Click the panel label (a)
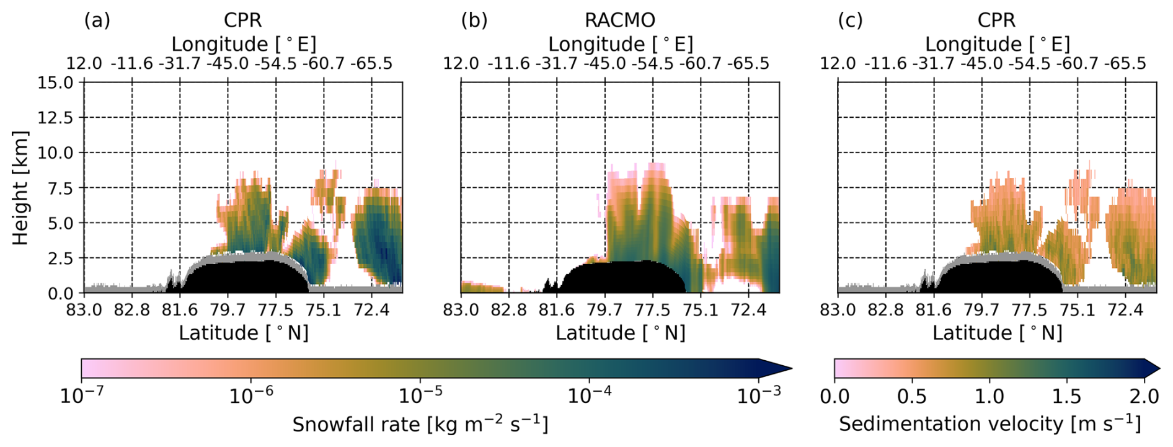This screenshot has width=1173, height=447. (97, 20)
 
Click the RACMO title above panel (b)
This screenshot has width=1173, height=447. (619, 20)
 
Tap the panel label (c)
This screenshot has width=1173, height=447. (850, 20)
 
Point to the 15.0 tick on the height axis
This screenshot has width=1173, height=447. (55, 82)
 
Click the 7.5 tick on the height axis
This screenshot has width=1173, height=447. (60, 188)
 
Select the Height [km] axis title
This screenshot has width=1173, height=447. (20, 187)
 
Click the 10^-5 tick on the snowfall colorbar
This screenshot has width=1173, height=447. (420, 396)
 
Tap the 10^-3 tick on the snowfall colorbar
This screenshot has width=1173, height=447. (758, 396)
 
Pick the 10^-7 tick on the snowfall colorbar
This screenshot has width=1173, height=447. (81, 396)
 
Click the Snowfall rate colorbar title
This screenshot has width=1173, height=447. (420, 425)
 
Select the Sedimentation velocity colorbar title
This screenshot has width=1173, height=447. (989, 424)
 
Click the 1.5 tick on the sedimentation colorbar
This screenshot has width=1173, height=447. (1066, 396)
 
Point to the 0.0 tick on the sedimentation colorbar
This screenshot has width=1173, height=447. (834, 396)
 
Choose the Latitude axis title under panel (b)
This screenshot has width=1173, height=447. (620, 334)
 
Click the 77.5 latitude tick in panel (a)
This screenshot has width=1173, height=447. (275, 309)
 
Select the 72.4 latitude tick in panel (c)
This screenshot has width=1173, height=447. (1125, 309)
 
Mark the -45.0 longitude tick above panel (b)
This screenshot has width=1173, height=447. (604, 64)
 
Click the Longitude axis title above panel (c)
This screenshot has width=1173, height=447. (997, 44)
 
